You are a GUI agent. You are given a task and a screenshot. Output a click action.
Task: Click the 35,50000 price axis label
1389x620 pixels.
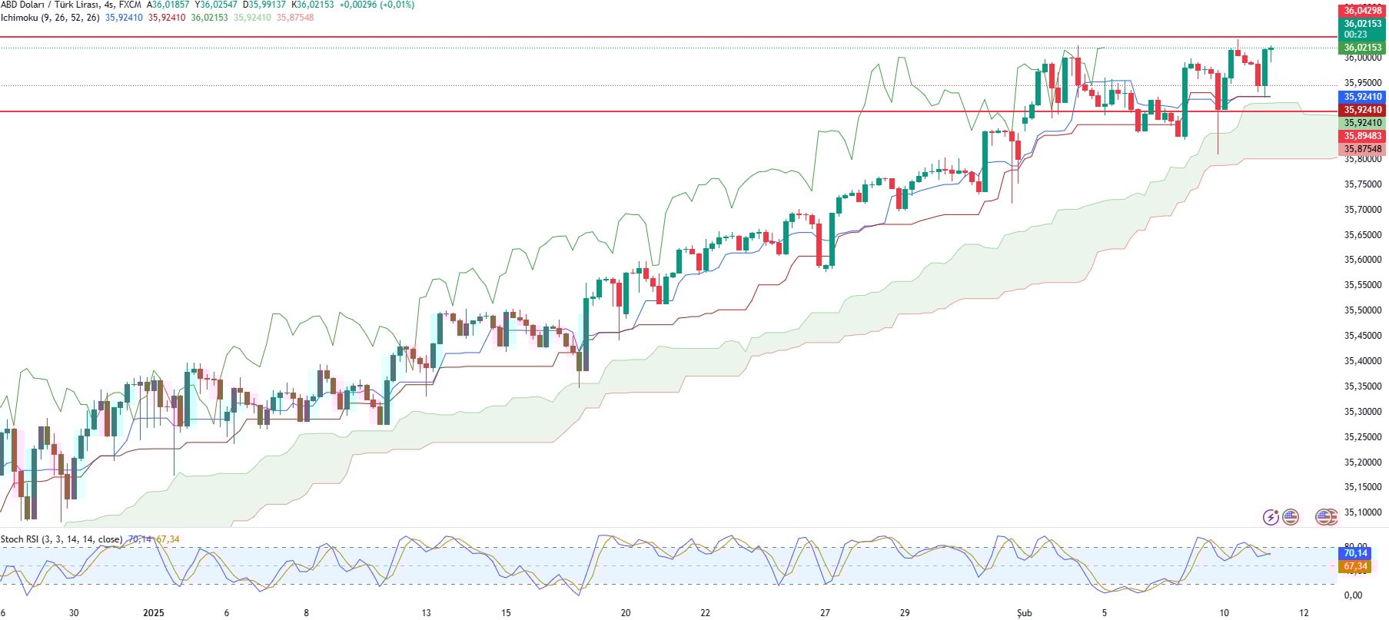pyautogui.click(x=1362, y=310)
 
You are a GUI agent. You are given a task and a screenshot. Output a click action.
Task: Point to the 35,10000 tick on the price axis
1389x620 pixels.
pyautogui.click(x=1362, y=512)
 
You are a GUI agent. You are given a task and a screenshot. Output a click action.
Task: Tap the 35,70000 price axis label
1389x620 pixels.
pyautogui.click(x=1362, y=210)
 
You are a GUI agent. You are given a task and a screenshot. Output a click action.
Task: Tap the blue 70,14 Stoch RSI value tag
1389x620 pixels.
pyautogui.click(x=1355, y=553)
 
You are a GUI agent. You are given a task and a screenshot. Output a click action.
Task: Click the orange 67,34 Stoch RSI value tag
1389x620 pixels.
pyautogui.click(x=1355, y=566)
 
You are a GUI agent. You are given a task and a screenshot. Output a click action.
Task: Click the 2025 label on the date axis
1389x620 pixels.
pyautogui.click(x=154, y=612)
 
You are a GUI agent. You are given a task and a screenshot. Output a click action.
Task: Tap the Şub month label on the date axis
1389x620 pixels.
pyautogui.click(x=1024, y=612)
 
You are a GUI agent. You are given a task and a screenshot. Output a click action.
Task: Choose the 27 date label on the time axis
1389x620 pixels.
pyautogui.click(x=825, y=612)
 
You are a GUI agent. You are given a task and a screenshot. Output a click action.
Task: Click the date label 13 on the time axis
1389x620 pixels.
pyautogui.click(x=426, y=612)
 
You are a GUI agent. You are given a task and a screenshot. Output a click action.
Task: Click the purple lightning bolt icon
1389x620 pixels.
pyautogui.click(x=1271, y=517)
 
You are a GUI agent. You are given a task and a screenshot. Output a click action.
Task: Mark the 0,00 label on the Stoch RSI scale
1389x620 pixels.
pyautogui.click(x=1353, y=595)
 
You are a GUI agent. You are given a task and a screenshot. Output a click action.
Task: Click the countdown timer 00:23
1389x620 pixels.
pyautogui.click(x=1355, y=35)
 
